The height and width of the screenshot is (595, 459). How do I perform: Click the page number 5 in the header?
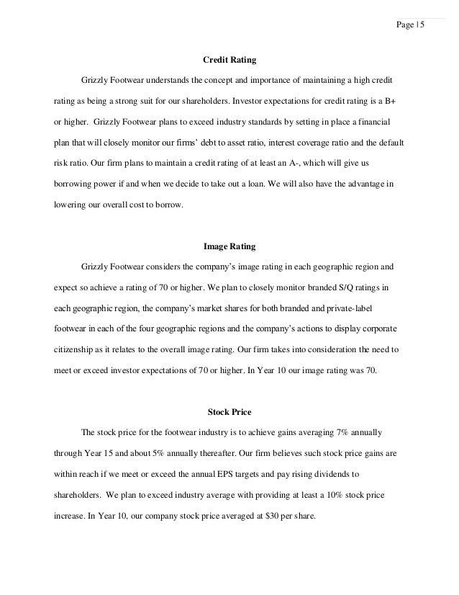tap(423, 26)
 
